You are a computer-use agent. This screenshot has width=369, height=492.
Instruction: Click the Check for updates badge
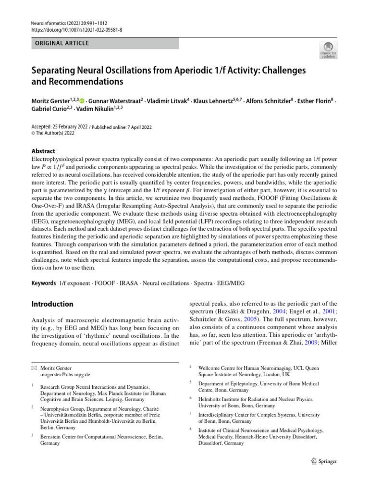(328, 49)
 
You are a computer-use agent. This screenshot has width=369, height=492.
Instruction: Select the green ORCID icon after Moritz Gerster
(82, 101)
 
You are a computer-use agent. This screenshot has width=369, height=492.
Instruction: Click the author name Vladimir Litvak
(162, 101)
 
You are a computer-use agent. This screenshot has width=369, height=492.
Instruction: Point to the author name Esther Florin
(316, 101)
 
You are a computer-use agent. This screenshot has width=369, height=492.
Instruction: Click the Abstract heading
(43, 151)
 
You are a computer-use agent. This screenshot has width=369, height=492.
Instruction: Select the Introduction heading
(52, 304)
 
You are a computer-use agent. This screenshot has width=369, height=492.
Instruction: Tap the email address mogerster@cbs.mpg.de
(65, 374)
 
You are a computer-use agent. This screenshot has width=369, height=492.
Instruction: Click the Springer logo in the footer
(324, 461)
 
